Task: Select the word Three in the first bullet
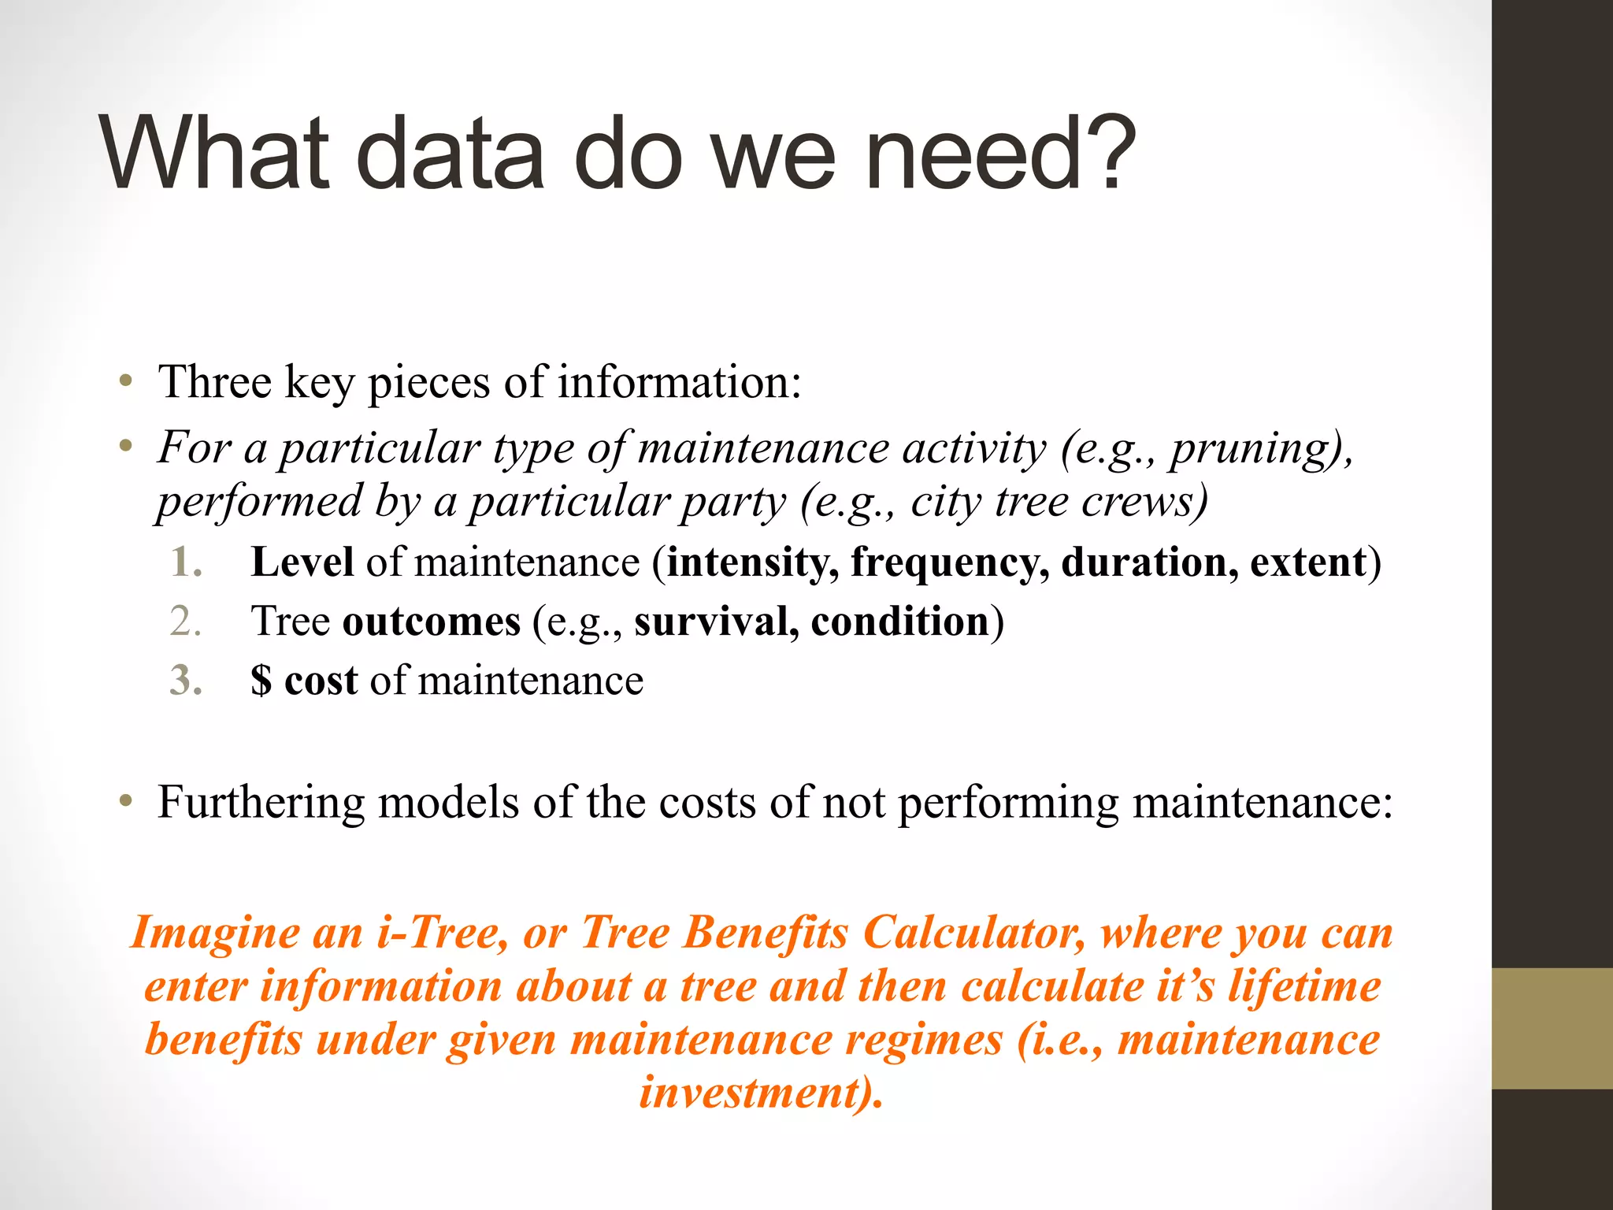click(x=215, y=382)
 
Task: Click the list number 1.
click(x=186, y=562)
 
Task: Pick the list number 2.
click(x=186, y=622)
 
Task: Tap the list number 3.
click(x=186, y=681)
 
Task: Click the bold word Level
click(x=302, y=562)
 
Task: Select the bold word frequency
click(x=949, y=562)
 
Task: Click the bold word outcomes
click(x=431, y=622)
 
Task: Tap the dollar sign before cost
click(x=261, y=681)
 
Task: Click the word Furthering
click(x=261, y=803)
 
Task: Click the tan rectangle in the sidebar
click(x=1552, y=1028)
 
